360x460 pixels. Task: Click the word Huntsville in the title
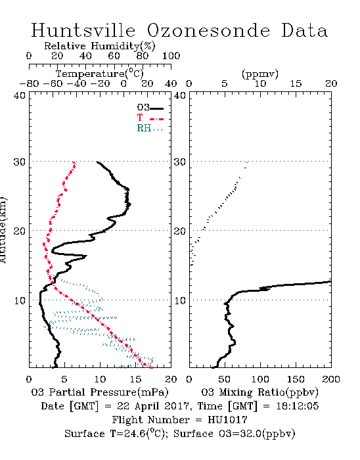(83, 30)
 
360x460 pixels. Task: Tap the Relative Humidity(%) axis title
(100, 46)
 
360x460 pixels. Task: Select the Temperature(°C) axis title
(100, 74)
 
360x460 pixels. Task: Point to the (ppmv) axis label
(260, 74)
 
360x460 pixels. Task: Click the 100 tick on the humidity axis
(171, 56)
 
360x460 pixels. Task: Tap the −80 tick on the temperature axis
(29, 83)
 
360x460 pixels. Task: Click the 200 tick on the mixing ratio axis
(331, 379)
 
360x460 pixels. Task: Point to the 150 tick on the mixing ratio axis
(296, 379)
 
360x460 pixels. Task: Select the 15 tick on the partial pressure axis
(135, 379)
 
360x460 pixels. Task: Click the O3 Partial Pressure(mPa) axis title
(100, 392)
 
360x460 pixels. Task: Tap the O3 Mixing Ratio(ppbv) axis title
(259, 392)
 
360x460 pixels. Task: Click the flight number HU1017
(227, 419)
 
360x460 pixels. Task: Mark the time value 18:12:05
(298, 406)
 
